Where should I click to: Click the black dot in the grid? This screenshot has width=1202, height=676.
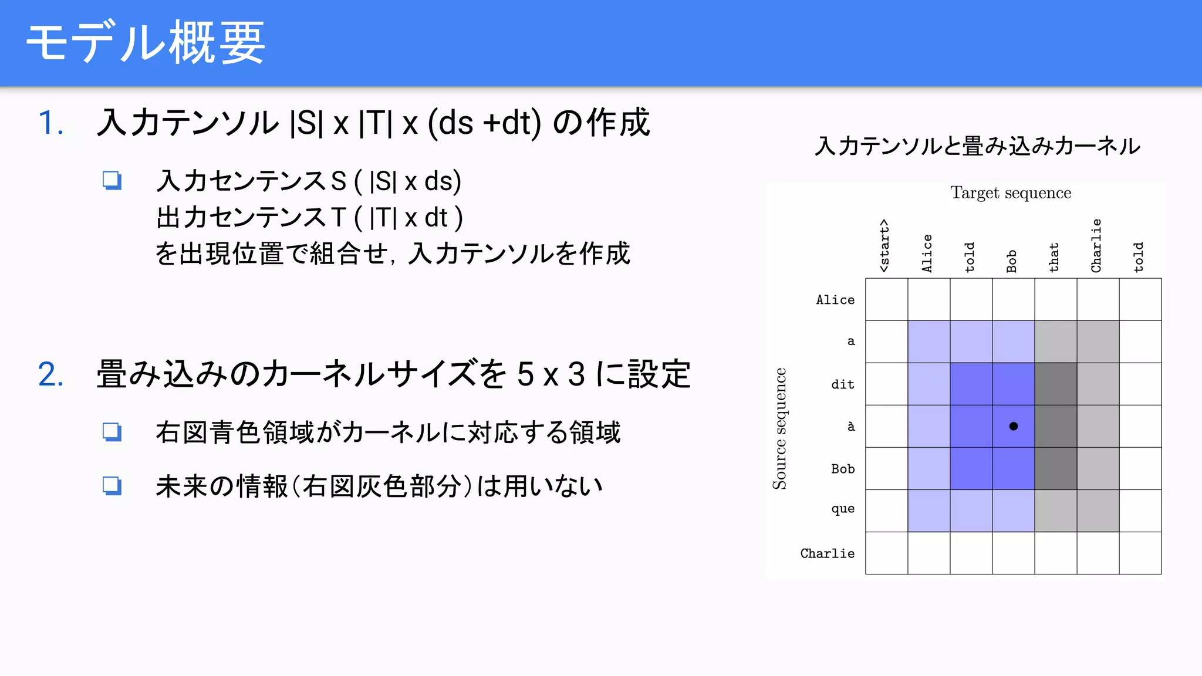(1014, 427)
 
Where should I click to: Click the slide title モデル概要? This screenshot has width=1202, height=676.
(146, 42)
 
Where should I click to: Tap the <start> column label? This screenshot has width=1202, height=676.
(884, 246)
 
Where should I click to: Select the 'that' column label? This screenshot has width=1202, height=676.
(1054, 258)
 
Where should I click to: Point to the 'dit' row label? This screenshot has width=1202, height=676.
(843, 384)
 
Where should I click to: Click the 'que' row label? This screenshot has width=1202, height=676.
(843, 509)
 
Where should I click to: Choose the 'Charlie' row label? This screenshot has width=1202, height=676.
(828, 553)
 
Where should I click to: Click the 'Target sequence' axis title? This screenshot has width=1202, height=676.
(1011, 193)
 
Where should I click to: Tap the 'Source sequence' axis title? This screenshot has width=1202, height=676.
(779, 428)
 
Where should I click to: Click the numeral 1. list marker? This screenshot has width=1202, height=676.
(51, 123)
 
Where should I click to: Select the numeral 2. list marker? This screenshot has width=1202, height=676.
(51, 374)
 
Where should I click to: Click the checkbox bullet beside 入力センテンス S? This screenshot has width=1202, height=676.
(112, 180)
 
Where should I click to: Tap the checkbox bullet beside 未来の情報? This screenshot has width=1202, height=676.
(112, 486)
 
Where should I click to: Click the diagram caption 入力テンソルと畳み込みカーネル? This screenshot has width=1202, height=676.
(977, 146)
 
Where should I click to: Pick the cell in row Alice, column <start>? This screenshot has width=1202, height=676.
(887, 299)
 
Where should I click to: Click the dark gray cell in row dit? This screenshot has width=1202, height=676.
(1056, 384)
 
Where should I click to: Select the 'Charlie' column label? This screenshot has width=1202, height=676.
(1096, 246)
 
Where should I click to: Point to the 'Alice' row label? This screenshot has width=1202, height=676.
(835, 300)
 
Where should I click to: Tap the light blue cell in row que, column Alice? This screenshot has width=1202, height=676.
(929, 511)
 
